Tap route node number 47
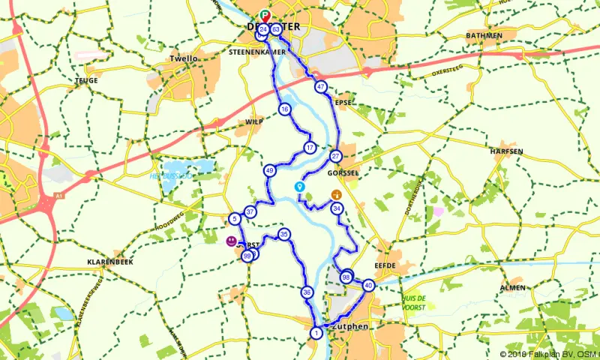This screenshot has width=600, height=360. [320, 87]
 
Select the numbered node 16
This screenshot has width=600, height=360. [284, 109]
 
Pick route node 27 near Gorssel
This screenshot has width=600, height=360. [336, 156]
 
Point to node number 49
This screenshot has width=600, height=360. [270, 171]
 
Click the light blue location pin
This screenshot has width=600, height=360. [300, 187]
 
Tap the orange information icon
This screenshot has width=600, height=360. [336, 194]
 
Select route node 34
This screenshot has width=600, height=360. [337, 208]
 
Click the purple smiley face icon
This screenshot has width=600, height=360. [230, 241]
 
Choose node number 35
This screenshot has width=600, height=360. [283, 235]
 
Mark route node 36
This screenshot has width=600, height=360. [307, 292]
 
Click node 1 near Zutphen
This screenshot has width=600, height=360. [316, 332]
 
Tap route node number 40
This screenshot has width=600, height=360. [368, 285]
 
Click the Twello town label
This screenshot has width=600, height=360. [183, 57]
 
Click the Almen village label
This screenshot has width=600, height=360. [512, 288]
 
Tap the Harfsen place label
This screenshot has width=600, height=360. [505, 151]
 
